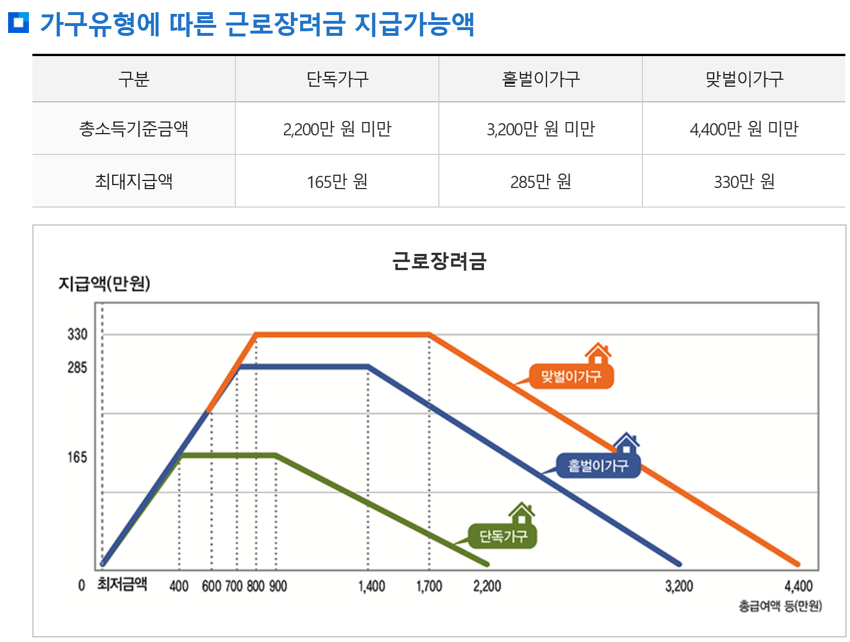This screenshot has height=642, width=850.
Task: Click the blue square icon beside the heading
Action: [19, 23]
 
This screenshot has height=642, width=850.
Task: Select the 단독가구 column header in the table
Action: [337, 79]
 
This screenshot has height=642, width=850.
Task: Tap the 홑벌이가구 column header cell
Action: [541, 79]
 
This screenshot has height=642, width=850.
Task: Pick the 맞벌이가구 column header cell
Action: [744, 79]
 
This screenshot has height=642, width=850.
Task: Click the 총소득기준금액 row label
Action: [134, 128]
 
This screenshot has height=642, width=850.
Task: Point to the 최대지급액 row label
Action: [134, 182]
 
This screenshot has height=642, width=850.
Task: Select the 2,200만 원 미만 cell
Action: [337, 128]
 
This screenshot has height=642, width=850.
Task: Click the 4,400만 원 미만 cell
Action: [744, 128]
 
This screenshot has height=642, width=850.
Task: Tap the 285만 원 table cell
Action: [541, 182]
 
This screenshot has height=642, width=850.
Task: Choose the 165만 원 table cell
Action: [337, 182]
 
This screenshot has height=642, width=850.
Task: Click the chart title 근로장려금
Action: [439, 261]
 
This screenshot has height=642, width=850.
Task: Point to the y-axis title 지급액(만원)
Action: [104, 283]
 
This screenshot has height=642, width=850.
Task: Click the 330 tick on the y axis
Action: [77, 334]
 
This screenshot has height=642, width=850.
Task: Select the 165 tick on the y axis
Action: [77, 457]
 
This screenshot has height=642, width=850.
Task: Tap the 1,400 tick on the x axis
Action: [371, 586]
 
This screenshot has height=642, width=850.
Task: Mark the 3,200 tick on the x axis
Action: [679, 586]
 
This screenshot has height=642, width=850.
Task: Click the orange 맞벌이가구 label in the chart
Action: [571, 377]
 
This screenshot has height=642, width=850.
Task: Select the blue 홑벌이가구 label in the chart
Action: [598, 466]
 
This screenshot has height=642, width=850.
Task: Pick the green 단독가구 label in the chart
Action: [503, 537]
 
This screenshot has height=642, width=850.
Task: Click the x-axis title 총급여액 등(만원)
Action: [780, 606]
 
